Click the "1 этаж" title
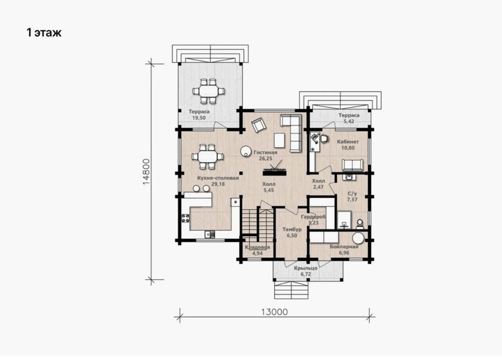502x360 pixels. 44,33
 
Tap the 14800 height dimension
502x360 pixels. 146,172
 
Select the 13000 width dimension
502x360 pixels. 274,312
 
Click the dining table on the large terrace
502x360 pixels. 208,91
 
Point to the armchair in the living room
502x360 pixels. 259,124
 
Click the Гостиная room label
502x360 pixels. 266,152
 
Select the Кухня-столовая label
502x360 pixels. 218,178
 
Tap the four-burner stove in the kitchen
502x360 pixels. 185,218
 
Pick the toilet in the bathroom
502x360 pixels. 360,224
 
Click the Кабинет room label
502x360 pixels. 348,142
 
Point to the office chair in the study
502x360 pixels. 325,138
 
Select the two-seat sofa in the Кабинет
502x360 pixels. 353,165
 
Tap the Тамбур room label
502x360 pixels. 292,229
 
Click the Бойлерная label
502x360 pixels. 344,247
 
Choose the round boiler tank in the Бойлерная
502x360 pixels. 358,238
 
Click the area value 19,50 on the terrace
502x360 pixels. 199,118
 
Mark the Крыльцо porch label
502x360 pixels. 306,268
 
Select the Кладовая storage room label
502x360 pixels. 257,247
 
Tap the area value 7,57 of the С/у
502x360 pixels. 352,200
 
